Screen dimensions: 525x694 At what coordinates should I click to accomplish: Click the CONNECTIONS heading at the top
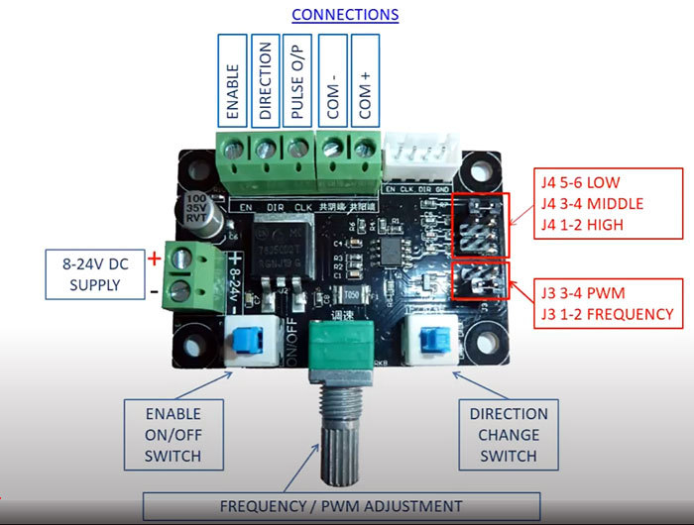click(x=346, y=15)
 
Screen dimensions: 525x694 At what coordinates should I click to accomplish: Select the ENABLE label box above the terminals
click(x=234, y=81)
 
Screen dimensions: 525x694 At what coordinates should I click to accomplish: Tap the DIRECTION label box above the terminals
click(x=265, y=81)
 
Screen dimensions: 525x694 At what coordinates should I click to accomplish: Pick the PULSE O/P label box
click(x=295, y=81)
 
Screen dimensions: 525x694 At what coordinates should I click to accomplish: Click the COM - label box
click(x=332, y=81)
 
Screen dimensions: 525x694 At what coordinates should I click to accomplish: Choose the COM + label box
click(x=365, y=81)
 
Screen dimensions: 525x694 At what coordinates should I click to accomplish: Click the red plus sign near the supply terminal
click(x=154, y=258)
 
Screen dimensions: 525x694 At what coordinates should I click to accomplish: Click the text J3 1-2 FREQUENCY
click(x=607, y=314)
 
